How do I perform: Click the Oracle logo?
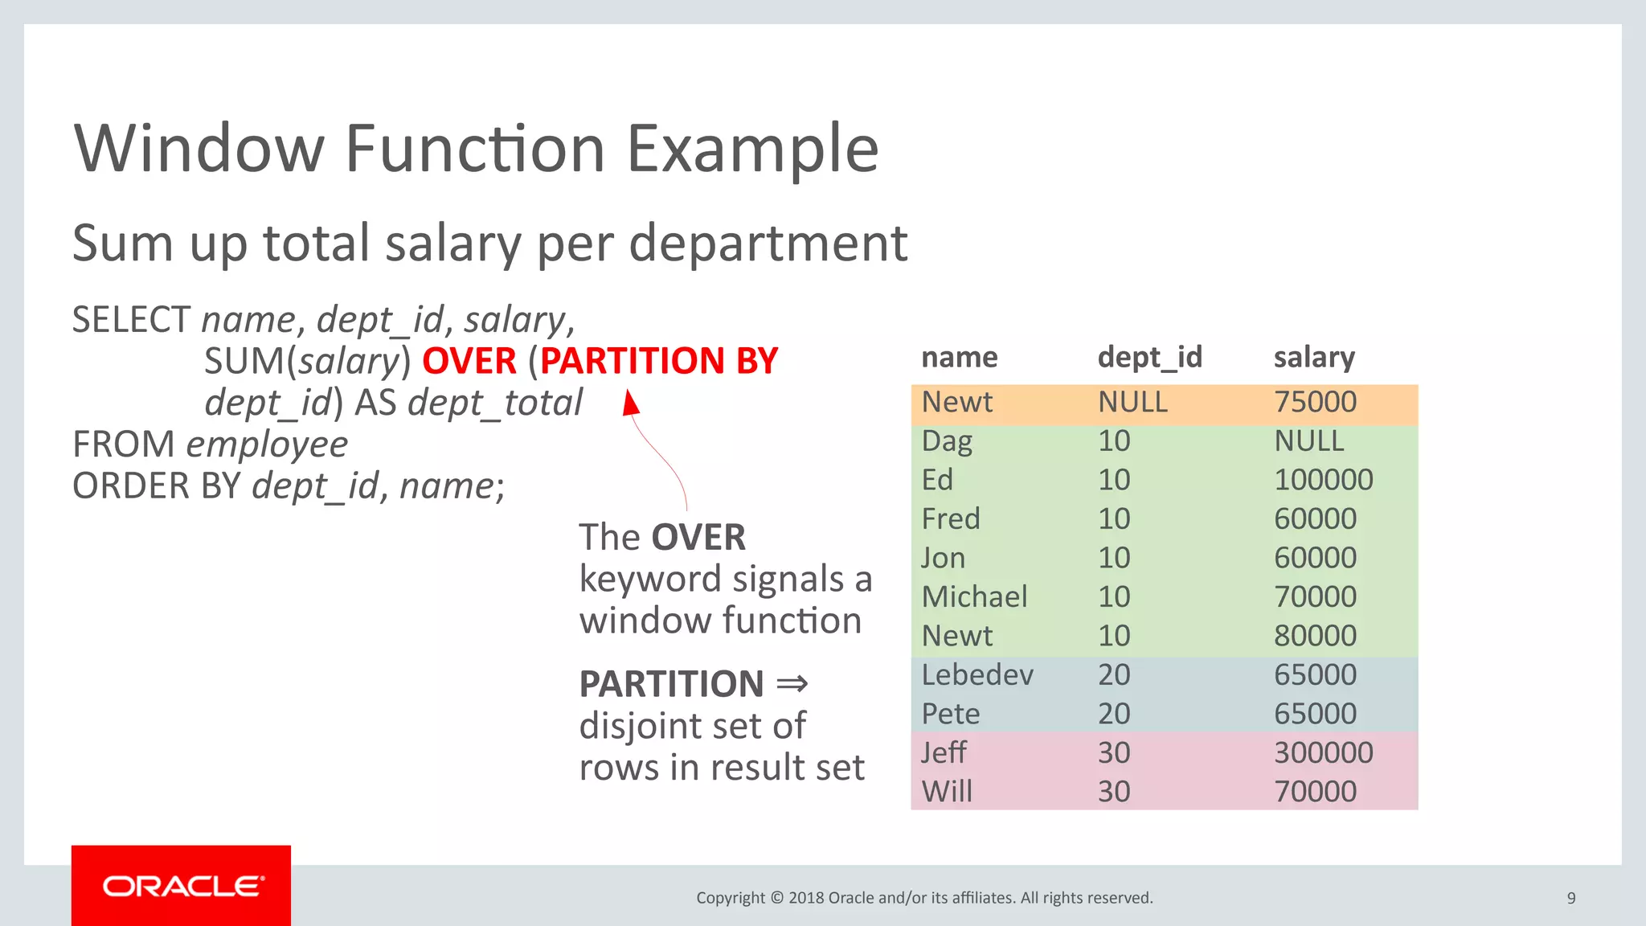tap(182, 886)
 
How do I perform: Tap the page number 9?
tap(1570, 898)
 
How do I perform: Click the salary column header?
tap(1314, 357)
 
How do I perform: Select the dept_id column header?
tap(1149, 357)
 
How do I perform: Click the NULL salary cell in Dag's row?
tap(1308, 441)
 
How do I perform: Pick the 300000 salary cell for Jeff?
tap(1323, 753)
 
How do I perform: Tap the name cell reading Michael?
tap(974, 597)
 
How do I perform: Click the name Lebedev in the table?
tap(977, 675)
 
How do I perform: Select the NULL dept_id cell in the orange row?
tap(1132, 402)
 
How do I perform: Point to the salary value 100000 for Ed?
tap(1323, 480)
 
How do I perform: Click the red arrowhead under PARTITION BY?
tap(632, 402)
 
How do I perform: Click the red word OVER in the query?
tap(469, 361)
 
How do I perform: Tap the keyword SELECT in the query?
tap(131, 320)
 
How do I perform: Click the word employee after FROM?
tap(267, 445)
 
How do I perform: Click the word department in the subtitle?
tap(768, 244)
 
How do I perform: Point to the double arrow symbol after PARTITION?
tap(792, 684)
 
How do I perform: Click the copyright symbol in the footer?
tap(776, 898)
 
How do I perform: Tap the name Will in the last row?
tap(947, 792)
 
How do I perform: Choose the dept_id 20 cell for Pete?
tap(1114, 714)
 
